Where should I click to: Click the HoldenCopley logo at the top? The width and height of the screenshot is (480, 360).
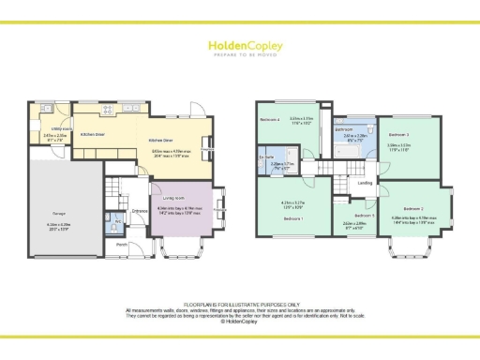[x=239, y=47]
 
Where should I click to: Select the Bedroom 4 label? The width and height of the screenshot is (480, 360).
[x=270, y=120]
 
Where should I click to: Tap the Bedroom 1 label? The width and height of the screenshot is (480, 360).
[x=292, y=217]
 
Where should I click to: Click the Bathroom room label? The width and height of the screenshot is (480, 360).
[x=343, y=128]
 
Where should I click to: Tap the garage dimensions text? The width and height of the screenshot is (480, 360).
[x=47, y=225]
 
